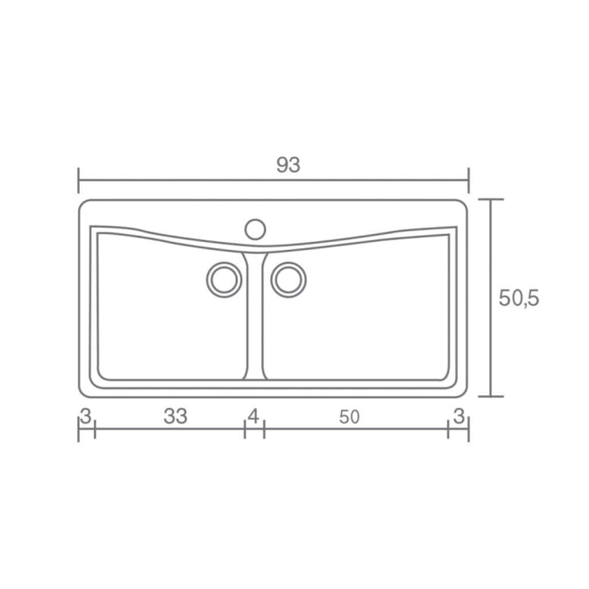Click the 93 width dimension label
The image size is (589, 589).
click(288, 165)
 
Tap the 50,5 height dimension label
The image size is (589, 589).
click(519, 299)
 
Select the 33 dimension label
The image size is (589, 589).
click(175, 416)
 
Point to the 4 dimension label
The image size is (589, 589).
click(254, 416)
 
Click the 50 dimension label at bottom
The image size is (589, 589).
click(349, 417)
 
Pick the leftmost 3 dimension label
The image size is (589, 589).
click(86, 416)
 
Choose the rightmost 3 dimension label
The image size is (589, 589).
click(458, 416)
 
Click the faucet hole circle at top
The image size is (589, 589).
click(255, 229)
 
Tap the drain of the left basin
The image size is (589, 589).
click(224, 280)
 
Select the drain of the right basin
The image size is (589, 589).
click(289, 280)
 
